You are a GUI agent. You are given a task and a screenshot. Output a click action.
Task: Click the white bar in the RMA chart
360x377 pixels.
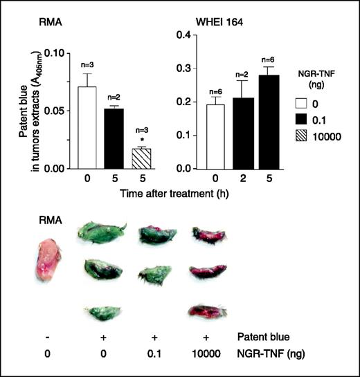click(67, 127)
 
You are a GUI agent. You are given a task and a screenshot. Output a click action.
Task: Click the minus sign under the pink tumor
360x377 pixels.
click(41, 336)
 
